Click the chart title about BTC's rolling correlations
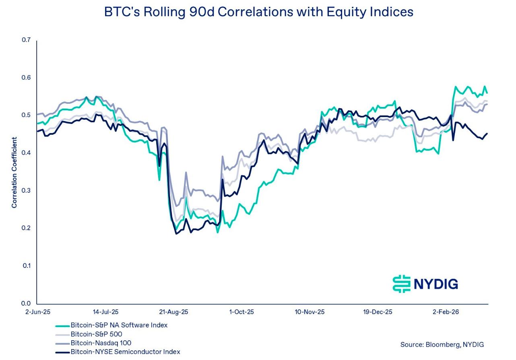258,12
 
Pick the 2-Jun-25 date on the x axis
38,312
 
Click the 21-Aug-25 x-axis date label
173,312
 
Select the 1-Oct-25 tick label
241,312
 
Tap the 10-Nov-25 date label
310,312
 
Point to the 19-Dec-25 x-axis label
378,312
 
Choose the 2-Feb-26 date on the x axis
446,312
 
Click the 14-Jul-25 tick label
105,312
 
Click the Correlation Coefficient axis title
14,173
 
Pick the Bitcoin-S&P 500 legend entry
96,334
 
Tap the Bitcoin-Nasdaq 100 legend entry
101,343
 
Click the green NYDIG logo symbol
401,284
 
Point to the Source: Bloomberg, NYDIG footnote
442,344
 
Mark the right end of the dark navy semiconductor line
487,134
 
